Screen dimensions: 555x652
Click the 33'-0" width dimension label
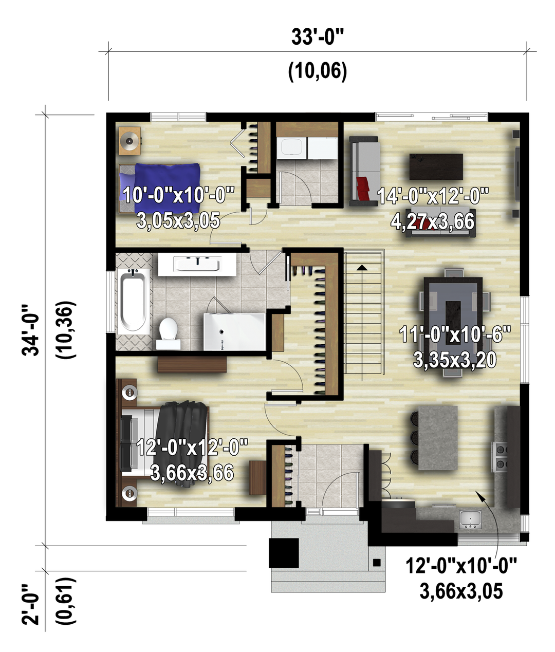coord(317,37)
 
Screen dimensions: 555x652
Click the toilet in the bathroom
coord(168,333)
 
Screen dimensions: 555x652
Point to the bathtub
coord(134,302)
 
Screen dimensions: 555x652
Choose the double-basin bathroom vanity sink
coord(197,264)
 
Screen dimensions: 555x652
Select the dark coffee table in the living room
coord(436,167)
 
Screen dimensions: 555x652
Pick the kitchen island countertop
coord(438,438)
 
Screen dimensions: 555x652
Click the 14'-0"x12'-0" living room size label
coord(433,196)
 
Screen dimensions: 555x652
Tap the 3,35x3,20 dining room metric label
coord(455,360)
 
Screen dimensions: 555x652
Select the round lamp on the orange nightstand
coord(130,140)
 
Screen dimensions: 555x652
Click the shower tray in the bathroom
coord(234,331)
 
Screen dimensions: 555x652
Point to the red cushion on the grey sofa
coord(363,188)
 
